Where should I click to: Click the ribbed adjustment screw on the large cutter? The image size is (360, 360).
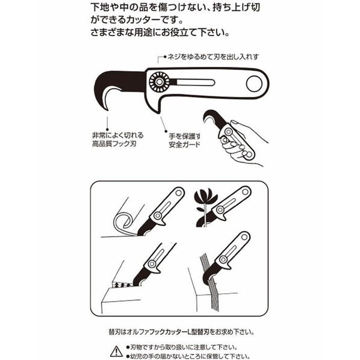[x=159, y=82]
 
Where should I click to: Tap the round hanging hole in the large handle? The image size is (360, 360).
[x=254, y=84]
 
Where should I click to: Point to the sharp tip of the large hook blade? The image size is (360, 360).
[x=107, y=110]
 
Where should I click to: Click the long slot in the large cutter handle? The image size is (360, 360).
[x=194, y=82]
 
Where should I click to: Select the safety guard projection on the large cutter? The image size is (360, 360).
[x=156, y=105]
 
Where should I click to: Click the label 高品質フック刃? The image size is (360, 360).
[x=114, y=144]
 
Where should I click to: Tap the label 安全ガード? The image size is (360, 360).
[x=185, y=144]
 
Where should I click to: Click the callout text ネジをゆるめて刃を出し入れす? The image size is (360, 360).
[x=213, y=57]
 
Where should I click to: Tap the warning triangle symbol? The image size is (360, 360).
[x=116, y=352]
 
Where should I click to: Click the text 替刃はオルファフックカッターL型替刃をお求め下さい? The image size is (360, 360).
[x=181, y=332]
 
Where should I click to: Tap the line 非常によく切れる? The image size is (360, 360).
[x=118, y=135]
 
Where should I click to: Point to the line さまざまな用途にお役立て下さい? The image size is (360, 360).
[x=160, y=32]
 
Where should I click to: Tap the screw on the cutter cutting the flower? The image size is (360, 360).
[x=220, y=209]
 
